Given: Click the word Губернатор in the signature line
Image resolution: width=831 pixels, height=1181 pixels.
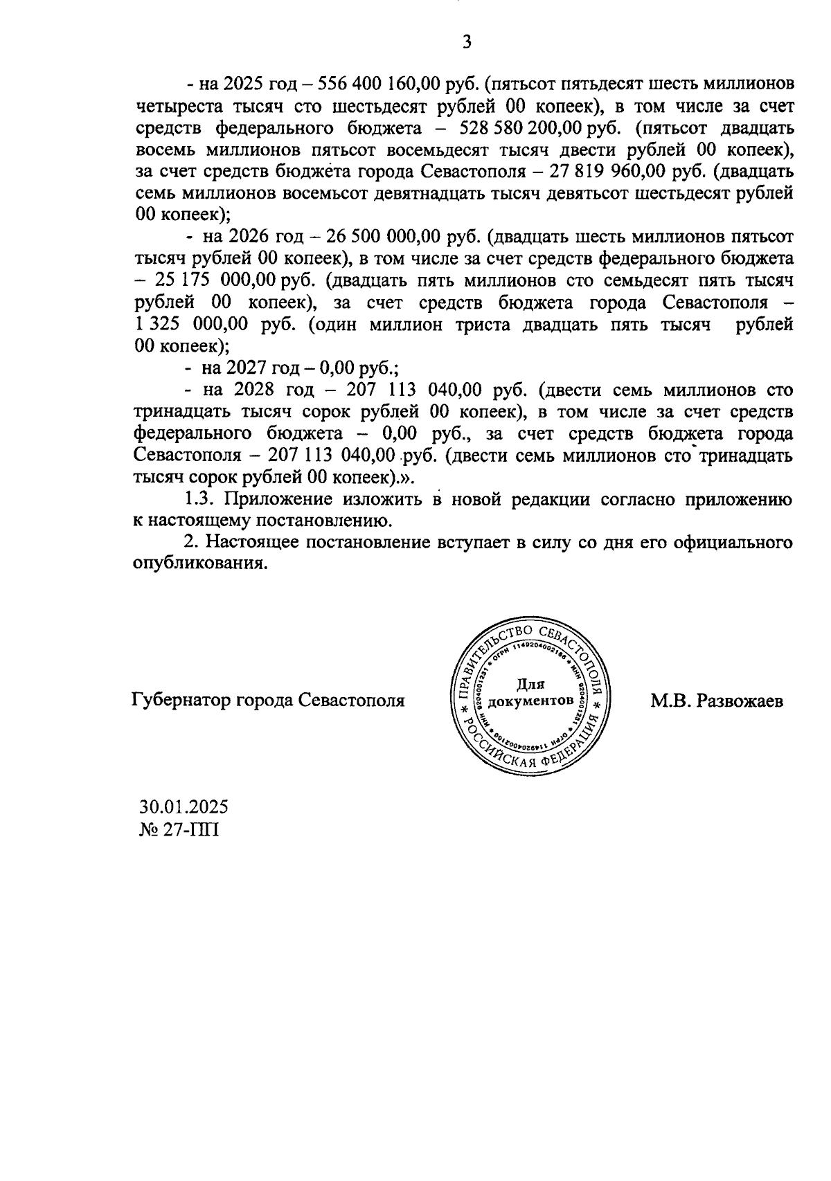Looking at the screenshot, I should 181,701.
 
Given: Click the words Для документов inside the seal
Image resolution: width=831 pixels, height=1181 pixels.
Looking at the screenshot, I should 530,693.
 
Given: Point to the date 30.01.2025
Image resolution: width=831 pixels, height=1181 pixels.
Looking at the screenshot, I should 184,806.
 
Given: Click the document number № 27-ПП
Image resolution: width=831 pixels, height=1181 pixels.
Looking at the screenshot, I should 179,829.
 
